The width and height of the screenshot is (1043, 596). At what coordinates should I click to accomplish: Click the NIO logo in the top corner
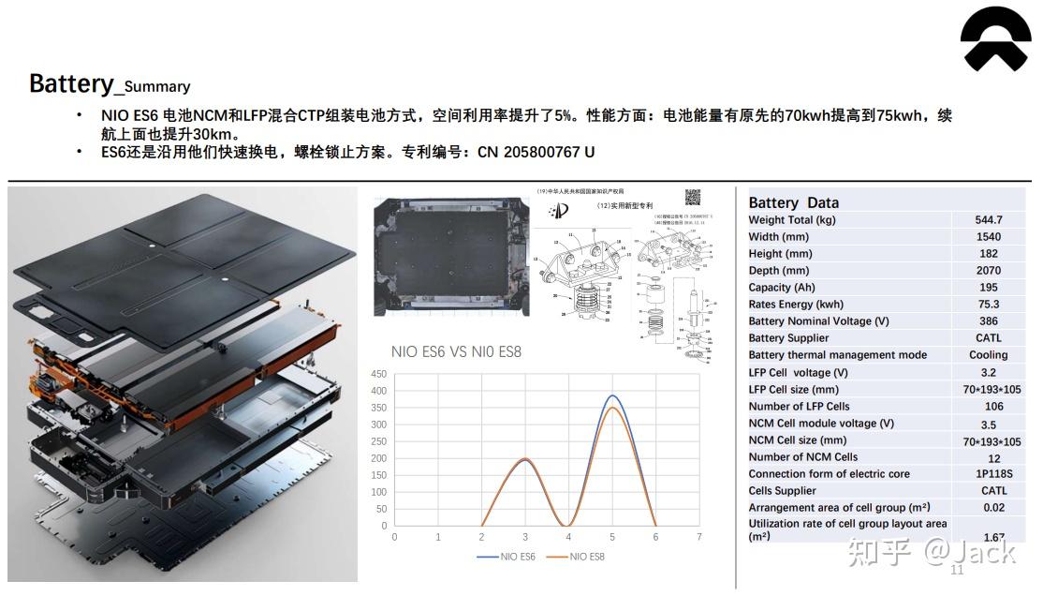(995, 43)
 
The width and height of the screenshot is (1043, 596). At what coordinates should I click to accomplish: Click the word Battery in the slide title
(70, 83)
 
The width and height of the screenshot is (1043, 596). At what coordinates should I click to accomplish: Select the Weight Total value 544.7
(988, 220)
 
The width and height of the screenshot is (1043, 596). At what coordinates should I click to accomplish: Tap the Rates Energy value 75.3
(988, 305)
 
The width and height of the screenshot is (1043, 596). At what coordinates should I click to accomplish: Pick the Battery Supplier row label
(788, 338)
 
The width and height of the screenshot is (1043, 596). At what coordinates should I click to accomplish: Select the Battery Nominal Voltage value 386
(988, 321)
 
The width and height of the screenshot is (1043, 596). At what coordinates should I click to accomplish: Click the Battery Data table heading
(794, 202)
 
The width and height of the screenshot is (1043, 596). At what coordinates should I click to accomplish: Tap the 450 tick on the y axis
(379, 374)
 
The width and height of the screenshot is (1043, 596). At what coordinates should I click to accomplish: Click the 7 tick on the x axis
(699, 537)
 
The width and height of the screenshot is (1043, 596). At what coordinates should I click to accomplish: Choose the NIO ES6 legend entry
(506, 557)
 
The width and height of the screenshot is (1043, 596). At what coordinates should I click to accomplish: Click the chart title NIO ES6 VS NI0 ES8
(456, 352)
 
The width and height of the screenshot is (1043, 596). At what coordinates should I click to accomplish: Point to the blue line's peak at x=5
(612, 395)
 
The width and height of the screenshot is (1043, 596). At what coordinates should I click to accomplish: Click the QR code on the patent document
(694, 197)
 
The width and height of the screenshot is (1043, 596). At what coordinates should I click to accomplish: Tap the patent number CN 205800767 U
(536, 152)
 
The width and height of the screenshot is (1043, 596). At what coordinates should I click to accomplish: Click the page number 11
(957, 571)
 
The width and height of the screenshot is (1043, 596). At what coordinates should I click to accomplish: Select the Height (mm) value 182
(988, 254)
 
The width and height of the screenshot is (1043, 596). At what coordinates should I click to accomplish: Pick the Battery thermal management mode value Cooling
(988, 355)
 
